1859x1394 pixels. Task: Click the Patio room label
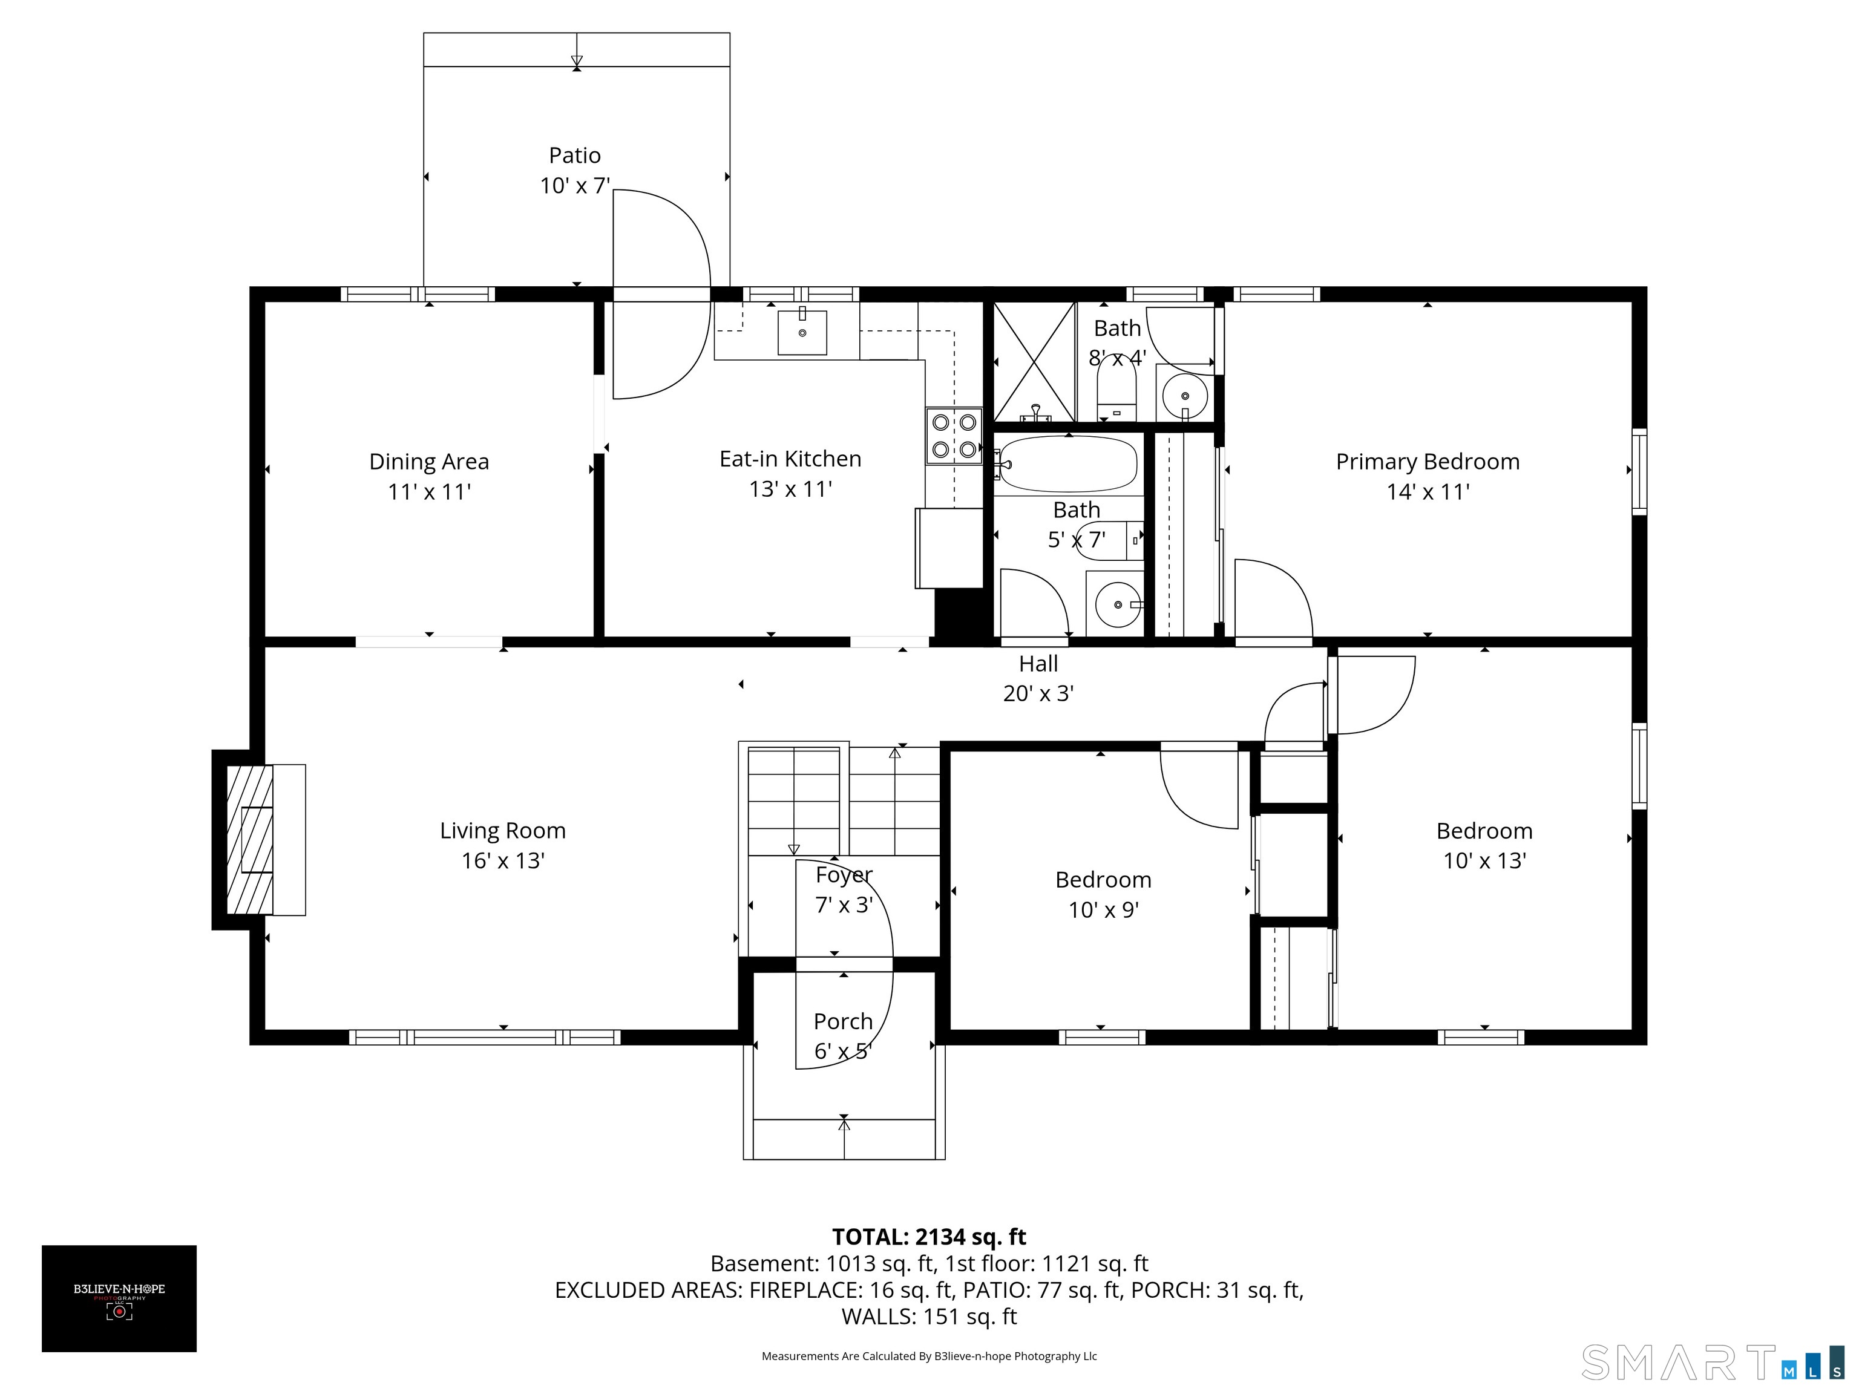point(575,155)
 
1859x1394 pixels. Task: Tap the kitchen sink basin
point(802,333)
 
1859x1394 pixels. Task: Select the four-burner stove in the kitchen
point(954,435)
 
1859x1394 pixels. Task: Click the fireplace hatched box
point(249,839)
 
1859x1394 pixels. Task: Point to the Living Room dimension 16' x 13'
point(502,860)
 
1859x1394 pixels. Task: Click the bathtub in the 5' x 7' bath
point(1067,464)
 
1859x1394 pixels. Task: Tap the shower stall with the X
point(1034,361)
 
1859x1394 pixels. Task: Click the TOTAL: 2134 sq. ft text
point(929,1237)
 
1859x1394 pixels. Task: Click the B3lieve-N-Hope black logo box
point(119,1298)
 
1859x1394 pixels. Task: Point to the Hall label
point(1038,664)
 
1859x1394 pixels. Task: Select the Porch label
point(843,1021)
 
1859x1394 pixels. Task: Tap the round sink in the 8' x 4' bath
point(1185,396)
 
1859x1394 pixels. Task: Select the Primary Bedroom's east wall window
point(1639,471)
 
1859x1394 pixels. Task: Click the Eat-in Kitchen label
point(790,459)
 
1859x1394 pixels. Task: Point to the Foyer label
point(844,875)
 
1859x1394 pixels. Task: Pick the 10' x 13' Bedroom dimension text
point(1484,860)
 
